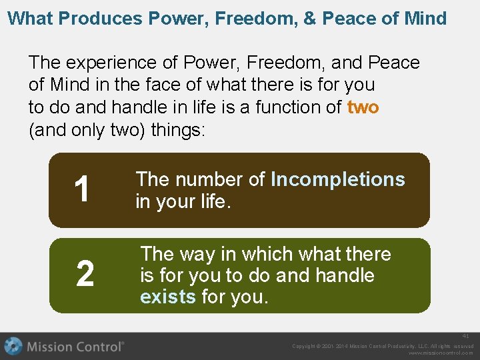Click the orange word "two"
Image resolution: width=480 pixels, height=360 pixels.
click(x=363, y=107)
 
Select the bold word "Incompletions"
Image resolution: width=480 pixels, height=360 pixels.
click(x=338, y=179)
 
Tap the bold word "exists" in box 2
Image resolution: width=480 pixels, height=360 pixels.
click(x=168, y=297)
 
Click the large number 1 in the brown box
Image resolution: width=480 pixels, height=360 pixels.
click(x=82, y=190)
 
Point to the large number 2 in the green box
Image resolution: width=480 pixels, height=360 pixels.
click(x=85, y=275)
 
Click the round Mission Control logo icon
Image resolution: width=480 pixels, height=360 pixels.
click(x=13, y=347)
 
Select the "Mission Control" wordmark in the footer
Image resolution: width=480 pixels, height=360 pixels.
click(x=75, y=347)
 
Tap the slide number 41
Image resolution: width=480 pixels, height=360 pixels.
click(x=466, y=337)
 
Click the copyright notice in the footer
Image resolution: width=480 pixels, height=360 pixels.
click(x=383, y=346)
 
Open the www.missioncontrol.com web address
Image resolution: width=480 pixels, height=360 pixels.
click(x=440, y=353)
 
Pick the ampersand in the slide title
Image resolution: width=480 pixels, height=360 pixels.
click(x=310, y=18)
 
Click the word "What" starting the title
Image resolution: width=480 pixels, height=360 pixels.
click(x=30, y=18)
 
